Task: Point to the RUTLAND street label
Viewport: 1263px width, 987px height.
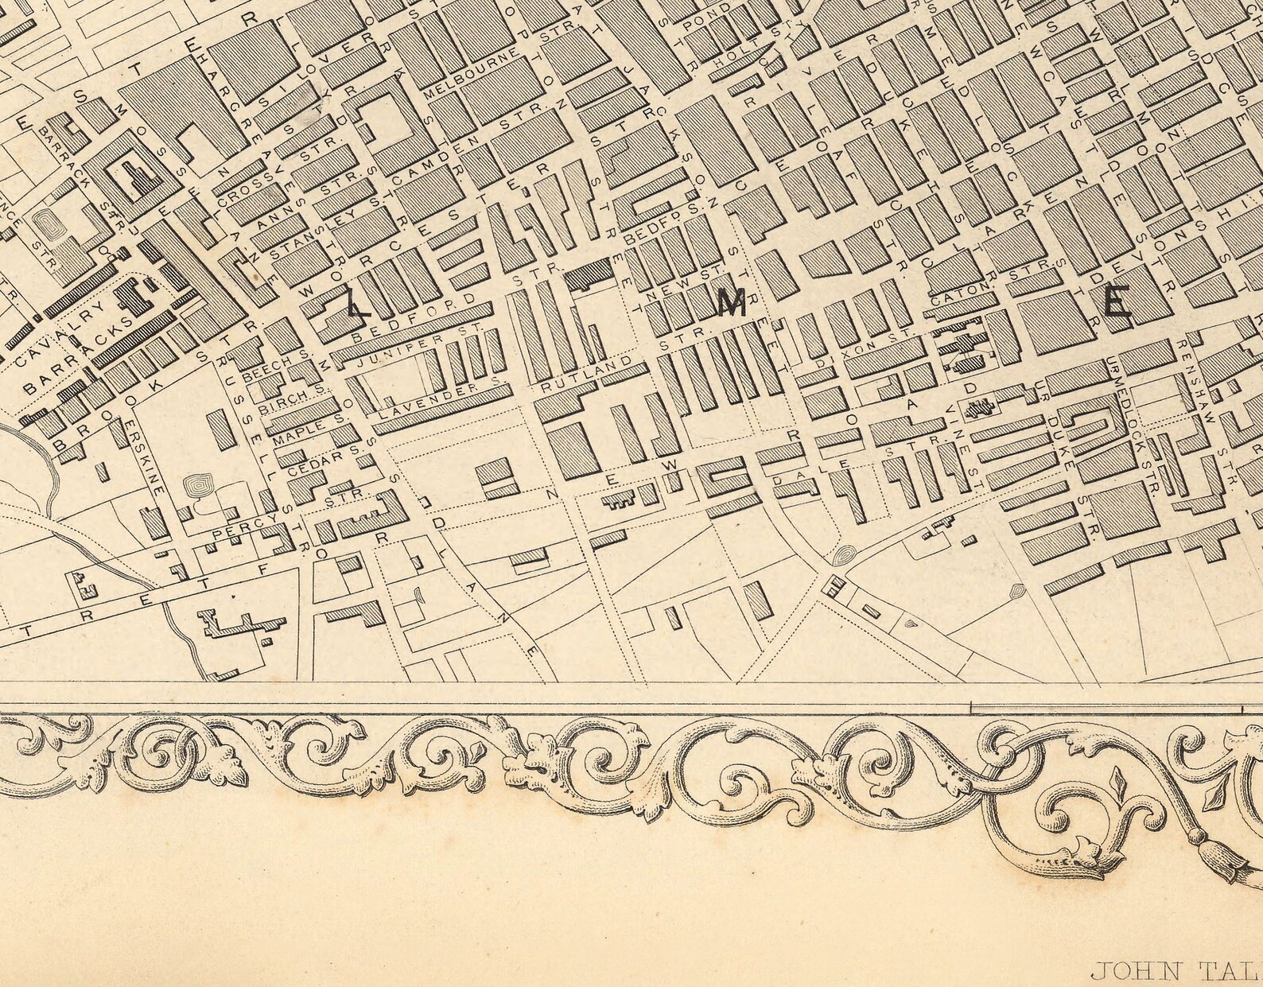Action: tap(589, 373)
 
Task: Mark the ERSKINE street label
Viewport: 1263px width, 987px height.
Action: tap(151, 459)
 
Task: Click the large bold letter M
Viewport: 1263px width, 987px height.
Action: tap(732, 305)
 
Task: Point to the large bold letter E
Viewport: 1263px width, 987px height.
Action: tap(1116, 304)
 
